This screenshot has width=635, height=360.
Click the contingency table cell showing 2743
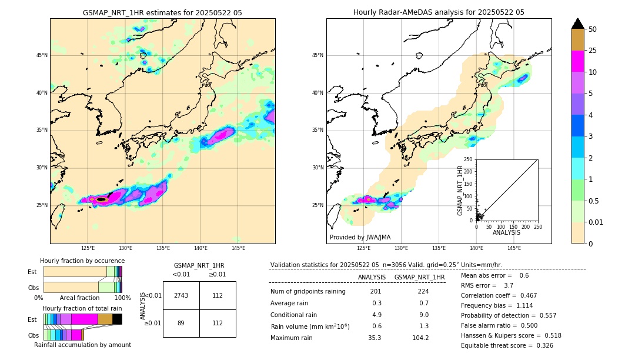[x=181, y=295]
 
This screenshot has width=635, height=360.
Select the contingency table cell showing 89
[x=181, y=323]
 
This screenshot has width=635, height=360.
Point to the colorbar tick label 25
[x=593, y=51]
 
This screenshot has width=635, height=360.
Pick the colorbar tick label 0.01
[x=596, y=222]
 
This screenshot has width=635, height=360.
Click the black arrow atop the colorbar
[x=578, y=24]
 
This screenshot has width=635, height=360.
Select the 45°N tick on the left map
[x=42, y=55]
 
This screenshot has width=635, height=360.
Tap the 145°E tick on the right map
[x=514, y=248]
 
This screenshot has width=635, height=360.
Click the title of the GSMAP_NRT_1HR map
[x=162, y=12]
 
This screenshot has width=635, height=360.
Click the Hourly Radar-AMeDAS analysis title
[x=439, y=12]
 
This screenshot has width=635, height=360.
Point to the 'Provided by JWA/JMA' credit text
[x=360, y=237]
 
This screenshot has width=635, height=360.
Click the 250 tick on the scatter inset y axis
[x=469, y=159]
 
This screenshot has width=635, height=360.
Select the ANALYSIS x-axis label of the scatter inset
[x=506, y=232]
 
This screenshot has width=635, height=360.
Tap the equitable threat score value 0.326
[x=544, y=345]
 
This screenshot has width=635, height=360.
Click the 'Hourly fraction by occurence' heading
[x=82, y=261]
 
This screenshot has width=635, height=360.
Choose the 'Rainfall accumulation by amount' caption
[x=82, y=345]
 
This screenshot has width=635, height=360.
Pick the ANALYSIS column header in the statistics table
[x=372, y=277]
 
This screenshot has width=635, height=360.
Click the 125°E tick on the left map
[x=88, y=248]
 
